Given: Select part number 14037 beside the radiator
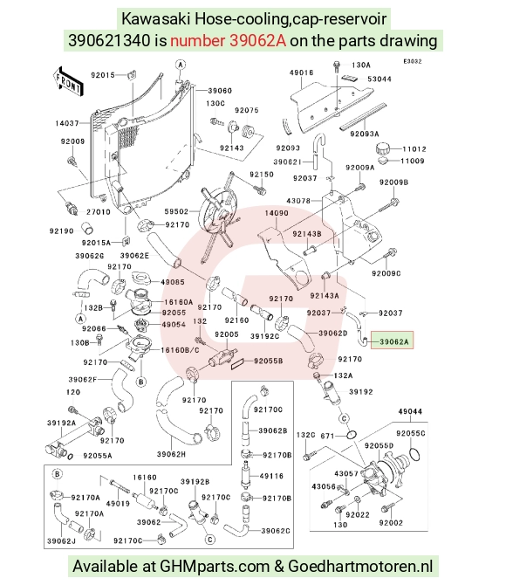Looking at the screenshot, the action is (x=67, y=123).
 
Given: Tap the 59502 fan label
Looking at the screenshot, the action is (x=176, y=211).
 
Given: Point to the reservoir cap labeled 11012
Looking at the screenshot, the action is (x=384, y=149).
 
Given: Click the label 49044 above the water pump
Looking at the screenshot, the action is (x=410, y=411).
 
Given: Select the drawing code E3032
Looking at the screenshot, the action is (x=412, y=62).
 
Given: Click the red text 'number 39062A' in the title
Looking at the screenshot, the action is (x=229, y=40).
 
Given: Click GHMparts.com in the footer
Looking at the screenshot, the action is (x=215, y=567).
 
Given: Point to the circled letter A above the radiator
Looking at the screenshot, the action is (x=181, y=65).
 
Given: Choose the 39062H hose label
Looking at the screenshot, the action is (x=171, y=454).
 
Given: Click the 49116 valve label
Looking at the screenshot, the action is (x=271, y=476).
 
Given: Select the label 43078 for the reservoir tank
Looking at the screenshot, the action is (x=298, y=201).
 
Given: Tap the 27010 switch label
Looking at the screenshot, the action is (x=99, y=212).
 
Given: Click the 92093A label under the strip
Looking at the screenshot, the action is (x=365, y=134).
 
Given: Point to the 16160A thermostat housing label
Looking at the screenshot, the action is (x=179, y=302).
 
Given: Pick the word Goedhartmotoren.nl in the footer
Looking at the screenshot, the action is (x=360, y=567).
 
